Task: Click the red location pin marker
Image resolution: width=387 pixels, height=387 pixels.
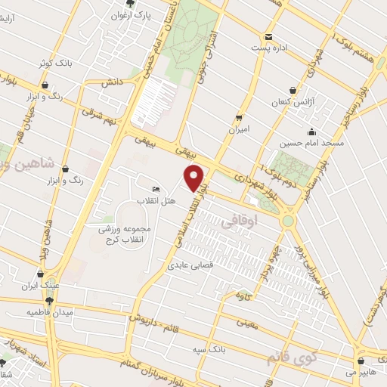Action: point(195,178)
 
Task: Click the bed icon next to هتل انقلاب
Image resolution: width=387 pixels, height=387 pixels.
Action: point(156,189)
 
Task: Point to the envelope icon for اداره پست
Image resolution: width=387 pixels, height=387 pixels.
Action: point(268,36)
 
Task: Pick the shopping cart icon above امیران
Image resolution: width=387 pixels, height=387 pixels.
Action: point(240,116)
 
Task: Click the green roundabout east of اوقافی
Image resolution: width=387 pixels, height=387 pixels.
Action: point(288,221)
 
